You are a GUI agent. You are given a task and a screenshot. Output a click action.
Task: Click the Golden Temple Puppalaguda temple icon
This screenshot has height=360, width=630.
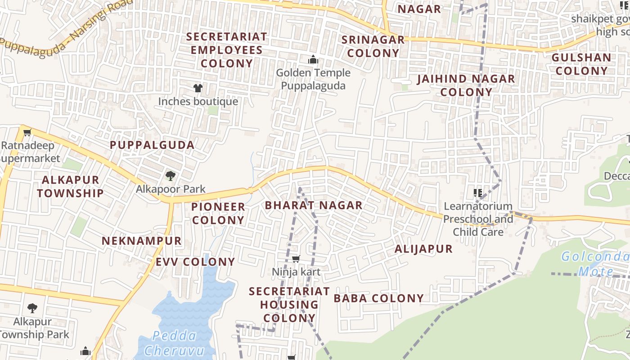pos(313,60)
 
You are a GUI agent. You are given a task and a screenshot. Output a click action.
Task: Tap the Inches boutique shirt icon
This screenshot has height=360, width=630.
pos(198,88)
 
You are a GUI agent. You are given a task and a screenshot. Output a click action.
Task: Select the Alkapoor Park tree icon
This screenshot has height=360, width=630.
pos(170,175)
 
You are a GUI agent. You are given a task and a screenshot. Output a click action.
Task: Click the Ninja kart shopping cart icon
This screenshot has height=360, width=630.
pos(296,259)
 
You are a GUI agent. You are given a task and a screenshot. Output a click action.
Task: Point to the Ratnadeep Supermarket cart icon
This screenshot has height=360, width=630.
pos(27,133)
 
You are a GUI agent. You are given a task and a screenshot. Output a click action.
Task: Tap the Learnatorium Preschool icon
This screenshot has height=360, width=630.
pos(478,193)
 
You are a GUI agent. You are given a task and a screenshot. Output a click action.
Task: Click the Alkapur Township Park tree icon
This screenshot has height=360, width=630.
pos(32,308)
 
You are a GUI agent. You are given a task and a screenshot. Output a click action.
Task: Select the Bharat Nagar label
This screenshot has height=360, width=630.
pos(314,206)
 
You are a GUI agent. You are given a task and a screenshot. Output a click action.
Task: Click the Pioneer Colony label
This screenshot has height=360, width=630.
pos(218,213)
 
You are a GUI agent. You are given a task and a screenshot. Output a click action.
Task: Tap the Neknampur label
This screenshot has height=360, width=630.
pos(141,241)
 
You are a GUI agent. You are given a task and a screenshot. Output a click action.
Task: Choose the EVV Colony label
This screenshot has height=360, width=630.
pos(195,262)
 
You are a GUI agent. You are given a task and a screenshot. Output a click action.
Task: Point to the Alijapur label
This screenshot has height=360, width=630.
pos(423,249)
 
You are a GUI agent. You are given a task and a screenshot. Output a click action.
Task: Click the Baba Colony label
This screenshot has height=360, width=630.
pos(379,298)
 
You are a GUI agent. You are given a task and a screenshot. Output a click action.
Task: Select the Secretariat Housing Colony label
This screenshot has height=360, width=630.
pos(289,305)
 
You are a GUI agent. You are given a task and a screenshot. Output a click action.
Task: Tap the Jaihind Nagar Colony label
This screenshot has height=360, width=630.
pos(466,85)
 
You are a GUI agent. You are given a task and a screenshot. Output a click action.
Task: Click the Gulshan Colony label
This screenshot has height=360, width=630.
pos(581,64)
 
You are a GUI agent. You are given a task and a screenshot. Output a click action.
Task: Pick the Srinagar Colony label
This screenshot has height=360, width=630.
pos(373,46)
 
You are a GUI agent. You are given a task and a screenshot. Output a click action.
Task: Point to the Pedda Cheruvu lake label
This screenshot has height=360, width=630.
pos(175,343)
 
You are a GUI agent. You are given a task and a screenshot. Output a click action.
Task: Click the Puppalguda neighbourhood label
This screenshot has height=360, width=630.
pos(152,145)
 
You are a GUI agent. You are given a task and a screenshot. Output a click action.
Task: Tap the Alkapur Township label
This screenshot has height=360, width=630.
pos(70,186)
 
